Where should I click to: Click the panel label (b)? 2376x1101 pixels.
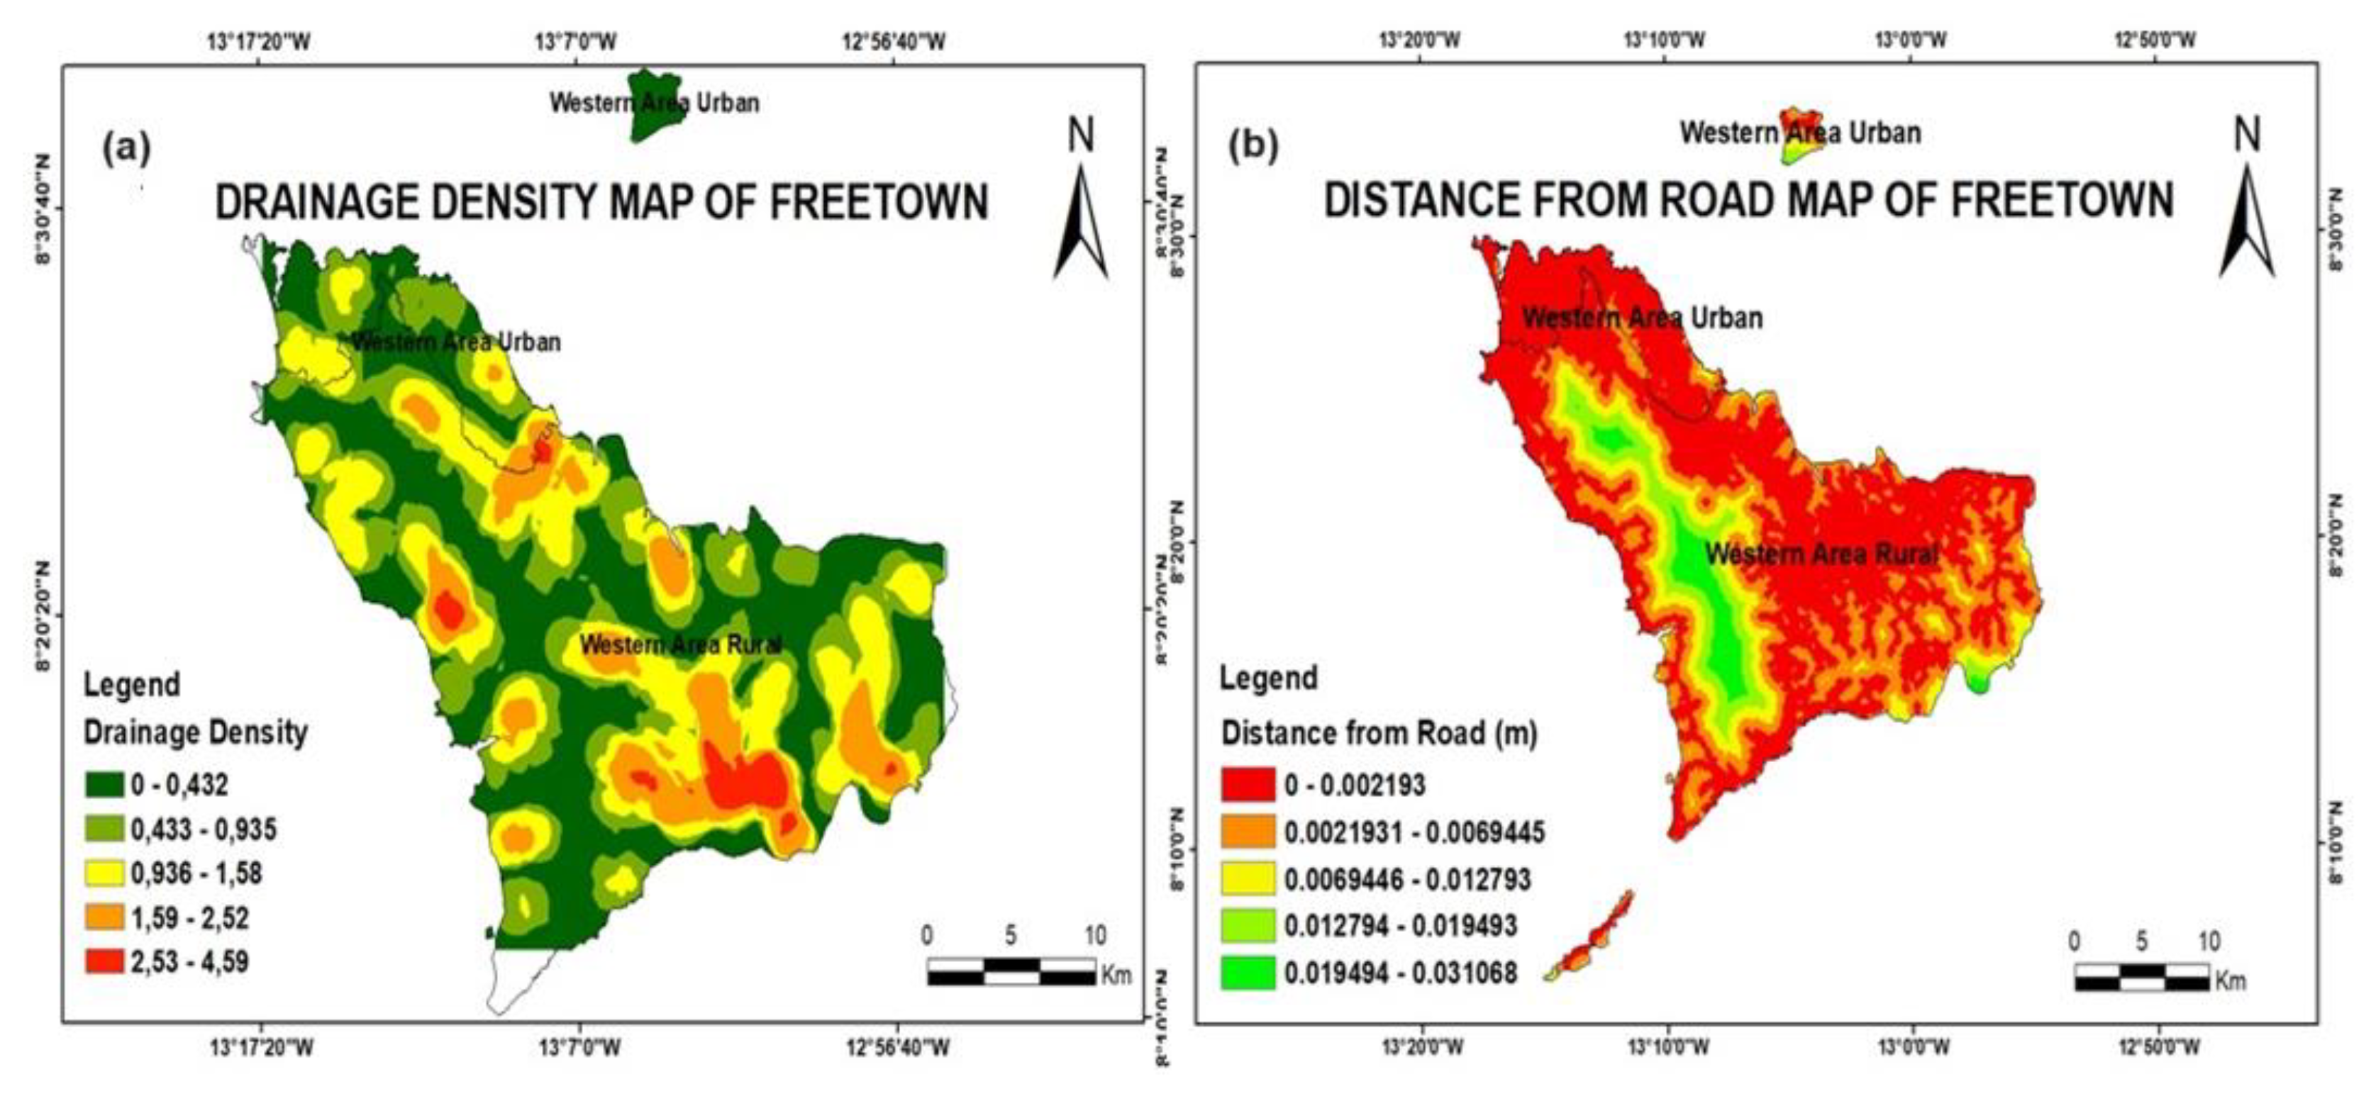[1255, 146]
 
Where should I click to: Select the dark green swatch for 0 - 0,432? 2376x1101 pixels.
[104, 785]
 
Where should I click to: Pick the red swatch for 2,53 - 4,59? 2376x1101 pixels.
[104, 962]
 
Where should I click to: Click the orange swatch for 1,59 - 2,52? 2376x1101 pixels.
[104, 917]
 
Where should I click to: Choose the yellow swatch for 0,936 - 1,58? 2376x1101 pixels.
[104, 873]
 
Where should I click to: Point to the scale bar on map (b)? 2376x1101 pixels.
[2142, 978]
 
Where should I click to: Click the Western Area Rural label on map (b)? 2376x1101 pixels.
[1821, 554]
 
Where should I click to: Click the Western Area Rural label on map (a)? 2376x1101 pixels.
[681, 644]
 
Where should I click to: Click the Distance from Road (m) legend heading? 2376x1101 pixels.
[1379, 733]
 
